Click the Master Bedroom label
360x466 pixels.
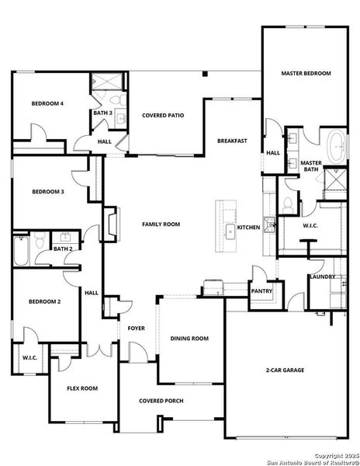coord(305,73)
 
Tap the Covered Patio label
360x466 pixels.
coord(163,115)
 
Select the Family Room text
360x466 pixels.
coord(161,224)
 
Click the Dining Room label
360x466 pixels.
coord(189,338)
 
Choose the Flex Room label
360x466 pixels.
coord(82,388)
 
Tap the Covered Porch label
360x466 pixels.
coord(161,401)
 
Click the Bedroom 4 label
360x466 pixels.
coord(47,103)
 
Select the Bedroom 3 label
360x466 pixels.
coord(47,191)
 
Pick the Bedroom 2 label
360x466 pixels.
coord(44,301)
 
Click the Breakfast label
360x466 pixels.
coord(232,141)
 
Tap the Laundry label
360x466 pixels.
coord(321,276)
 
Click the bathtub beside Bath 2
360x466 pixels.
coord(21,250)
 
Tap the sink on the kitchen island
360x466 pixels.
coord(230,231)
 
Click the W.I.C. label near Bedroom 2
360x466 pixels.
coord(29,358)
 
